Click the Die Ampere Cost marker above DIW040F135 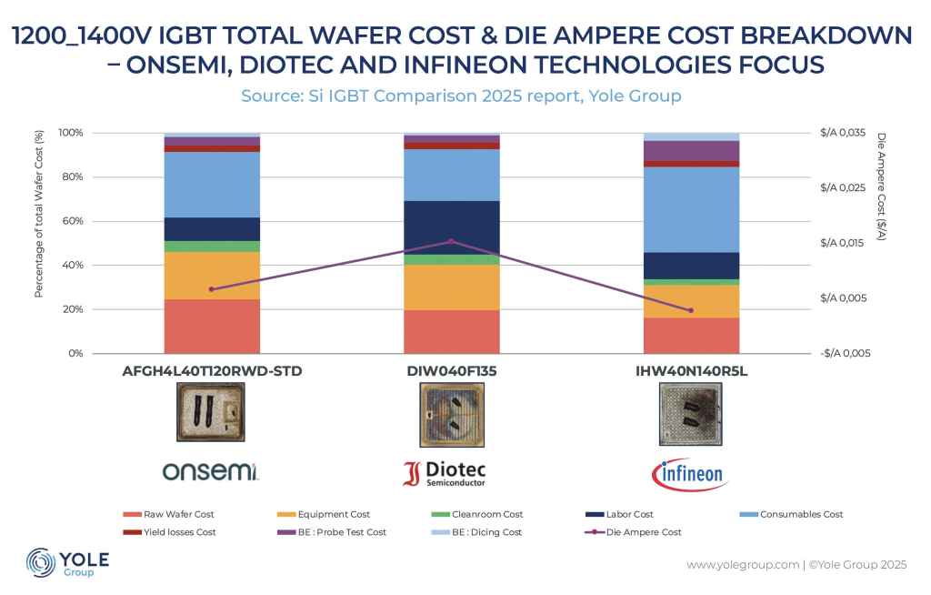click(452, 242)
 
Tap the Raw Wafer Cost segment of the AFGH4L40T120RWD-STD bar click(212, 326)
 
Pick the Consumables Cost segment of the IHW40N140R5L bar click(691, 209)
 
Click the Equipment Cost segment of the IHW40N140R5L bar click(691, 301)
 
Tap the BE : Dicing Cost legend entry click(489, 531)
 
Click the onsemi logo click(211, 471)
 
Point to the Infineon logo click(690, 472)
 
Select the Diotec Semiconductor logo click(445, 472)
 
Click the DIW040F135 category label click(451, 371)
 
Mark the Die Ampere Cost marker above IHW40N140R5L click(691, 310)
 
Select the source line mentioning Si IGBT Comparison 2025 click(461, 95)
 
